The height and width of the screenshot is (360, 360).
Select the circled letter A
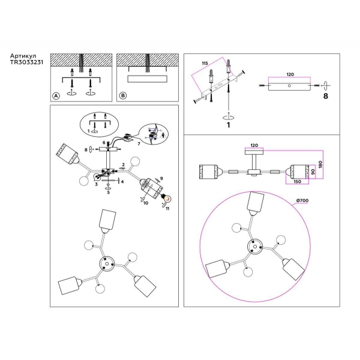pos(56,96)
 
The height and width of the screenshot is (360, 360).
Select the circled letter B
pos(123,96)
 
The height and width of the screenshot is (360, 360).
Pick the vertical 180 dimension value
pos(322,164)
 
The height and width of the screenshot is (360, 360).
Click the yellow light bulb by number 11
pos(167,198)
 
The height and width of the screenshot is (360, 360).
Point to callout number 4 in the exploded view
pos(122,180)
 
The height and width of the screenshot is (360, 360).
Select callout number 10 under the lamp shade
pos(145,204)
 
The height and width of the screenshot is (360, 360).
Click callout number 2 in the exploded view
pos(122,164)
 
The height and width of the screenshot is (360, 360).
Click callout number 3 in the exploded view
pos(95,186)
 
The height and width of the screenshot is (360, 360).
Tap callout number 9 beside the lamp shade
pos(161,178)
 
